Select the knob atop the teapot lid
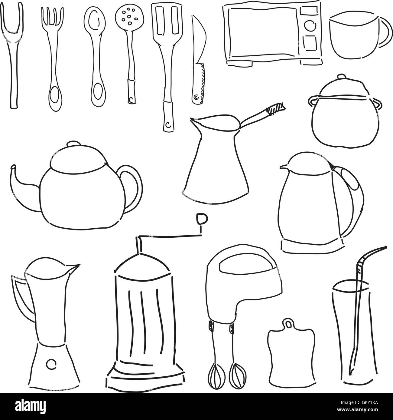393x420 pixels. click(73, 144)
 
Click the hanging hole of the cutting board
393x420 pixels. click(289, 325)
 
